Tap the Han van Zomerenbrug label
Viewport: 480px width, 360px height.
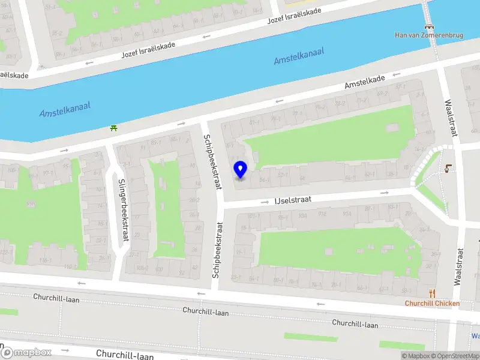[x=429, y=35]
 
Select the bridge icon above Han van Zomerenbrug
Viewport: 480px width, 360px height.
[x=429, y=26]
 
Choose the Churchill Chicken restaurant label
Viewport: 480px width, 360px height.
[x=432, y=303]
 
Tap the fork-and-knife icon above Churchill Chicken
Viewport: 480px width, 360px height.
[x=432, y=293]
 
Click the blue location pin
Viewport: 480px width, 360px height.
[x=240, y=169]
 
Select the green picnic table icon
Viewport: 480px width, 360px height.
[x=113, y=127]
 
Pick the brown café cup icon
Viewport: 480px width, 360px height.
[x=448, y=169]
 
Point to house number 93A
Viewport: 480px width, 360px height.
[x=303, y=215]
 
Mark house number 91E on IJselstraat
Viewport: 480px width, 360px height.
[x=323, y=214]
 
